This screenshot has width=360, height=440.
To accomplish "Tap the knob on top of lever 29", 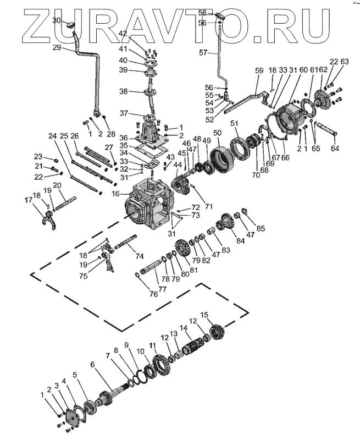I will (x=70, y=25).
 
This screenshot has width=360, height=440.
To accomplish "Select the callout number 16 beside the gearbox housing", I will (x=115, y=194).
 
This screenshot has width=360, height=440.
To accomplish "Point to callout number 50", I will (x=217, y=133).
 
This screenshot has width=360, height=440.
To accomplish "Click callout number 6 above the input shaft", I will (x=92, y=364).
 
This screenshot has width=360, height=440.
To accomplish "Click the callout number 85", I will (x=260, y=228).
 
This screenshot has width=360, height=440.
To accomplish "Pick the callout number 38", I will (x=123, y=91).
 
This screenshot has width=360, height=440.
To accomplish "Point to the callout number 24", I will (x=52, y=136).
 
